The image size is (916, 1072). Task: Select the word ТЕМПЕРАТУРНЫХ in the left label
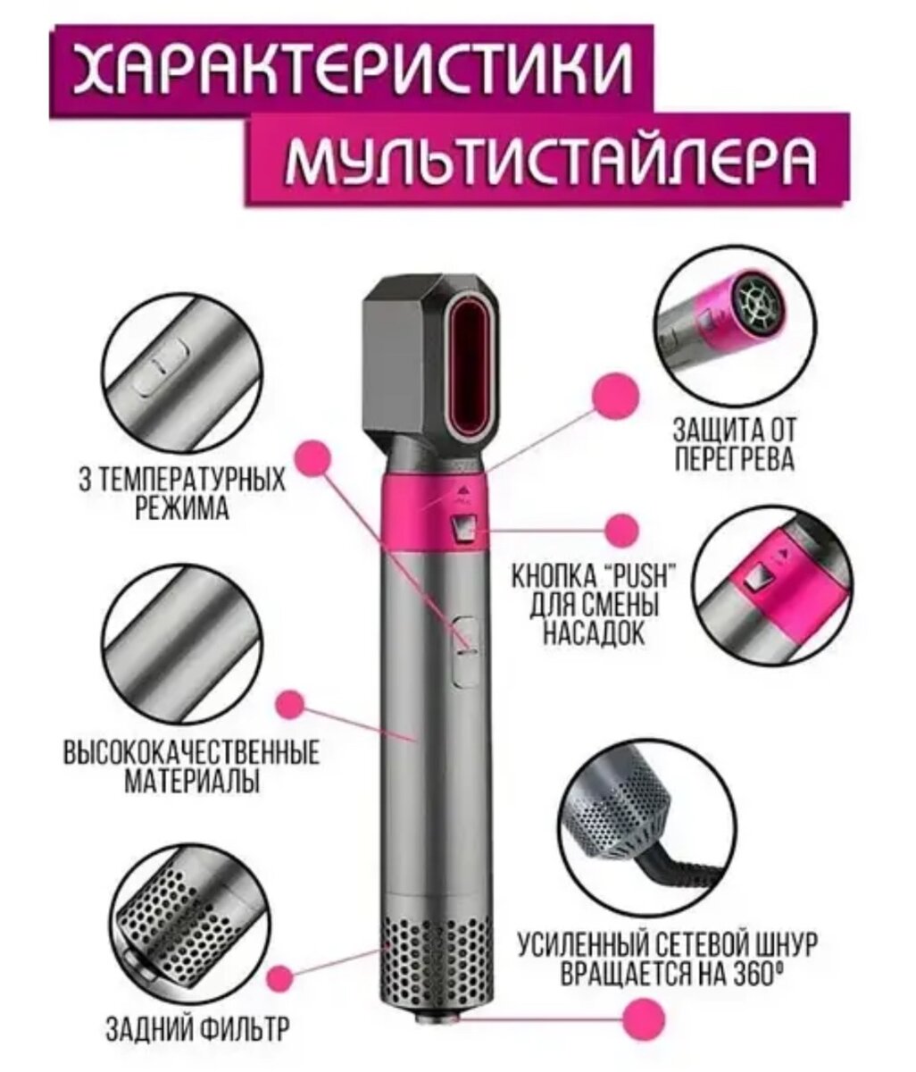click(191, 482)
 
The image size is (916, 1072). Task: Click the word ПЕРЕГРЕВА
click(734, 459)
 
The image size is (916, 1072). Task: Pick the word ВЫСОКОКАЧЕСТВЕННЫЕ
click(190, 752)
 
